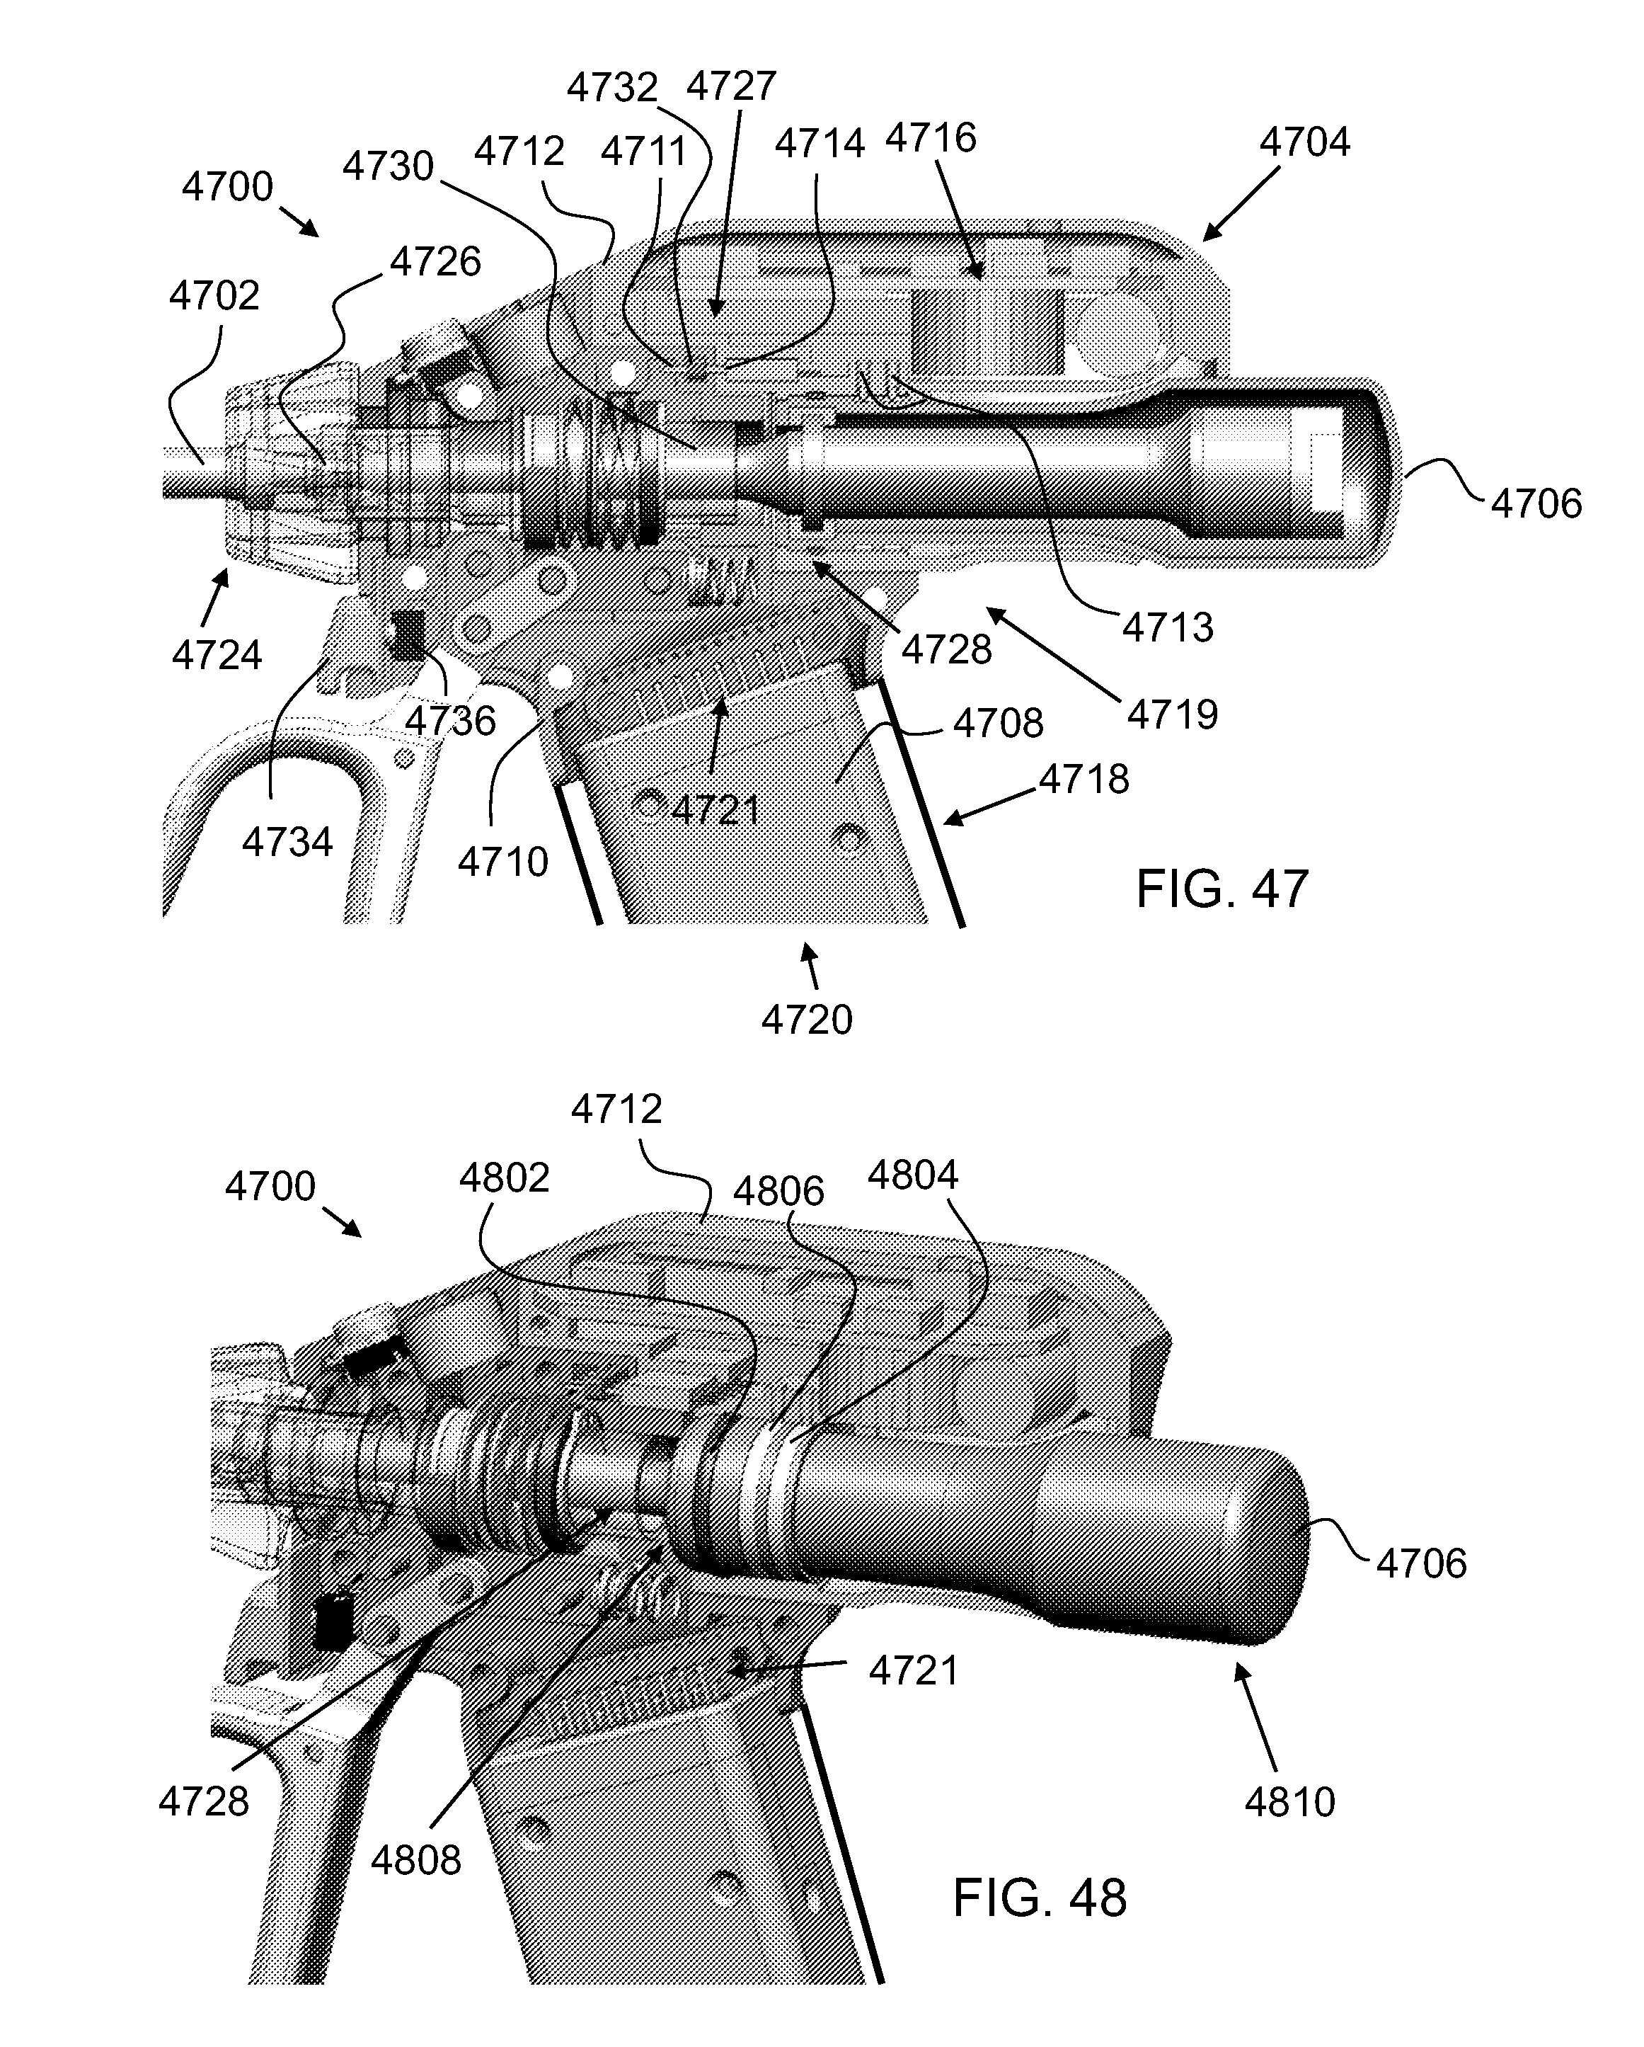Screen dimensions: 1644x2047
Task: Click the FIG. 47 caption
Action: (1222, 889)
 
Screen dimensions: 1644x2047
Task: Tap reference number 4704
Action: (1304, 142)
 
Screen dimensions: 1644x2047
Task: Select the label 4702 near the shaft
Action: (214, 296)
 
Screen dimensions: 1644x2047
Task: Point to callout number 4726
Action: (436, 261)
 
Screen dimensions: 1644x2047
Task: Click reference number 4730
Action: (389, 166)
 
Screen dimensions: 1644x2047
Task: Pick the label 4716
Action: (930, 137)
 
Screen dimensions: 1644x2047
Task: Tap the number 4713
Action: (1168, 627)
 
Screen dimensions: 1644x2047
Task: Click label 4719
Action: (1172, 714)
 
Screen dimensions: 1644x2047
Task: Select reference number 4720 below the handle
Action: (807, 1020)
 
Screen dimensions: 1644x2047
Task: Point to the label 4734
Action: (287, 841)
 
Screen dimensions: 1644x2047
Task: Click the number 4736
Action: (450, 722)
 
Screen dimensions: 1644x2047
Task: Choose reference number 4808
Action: (415, 1860)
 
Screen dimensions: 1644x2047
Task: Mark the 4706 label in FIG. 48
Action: (1421, 1563)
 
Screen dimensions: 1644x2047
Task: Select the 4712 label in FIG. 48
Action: (616, 1109)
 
